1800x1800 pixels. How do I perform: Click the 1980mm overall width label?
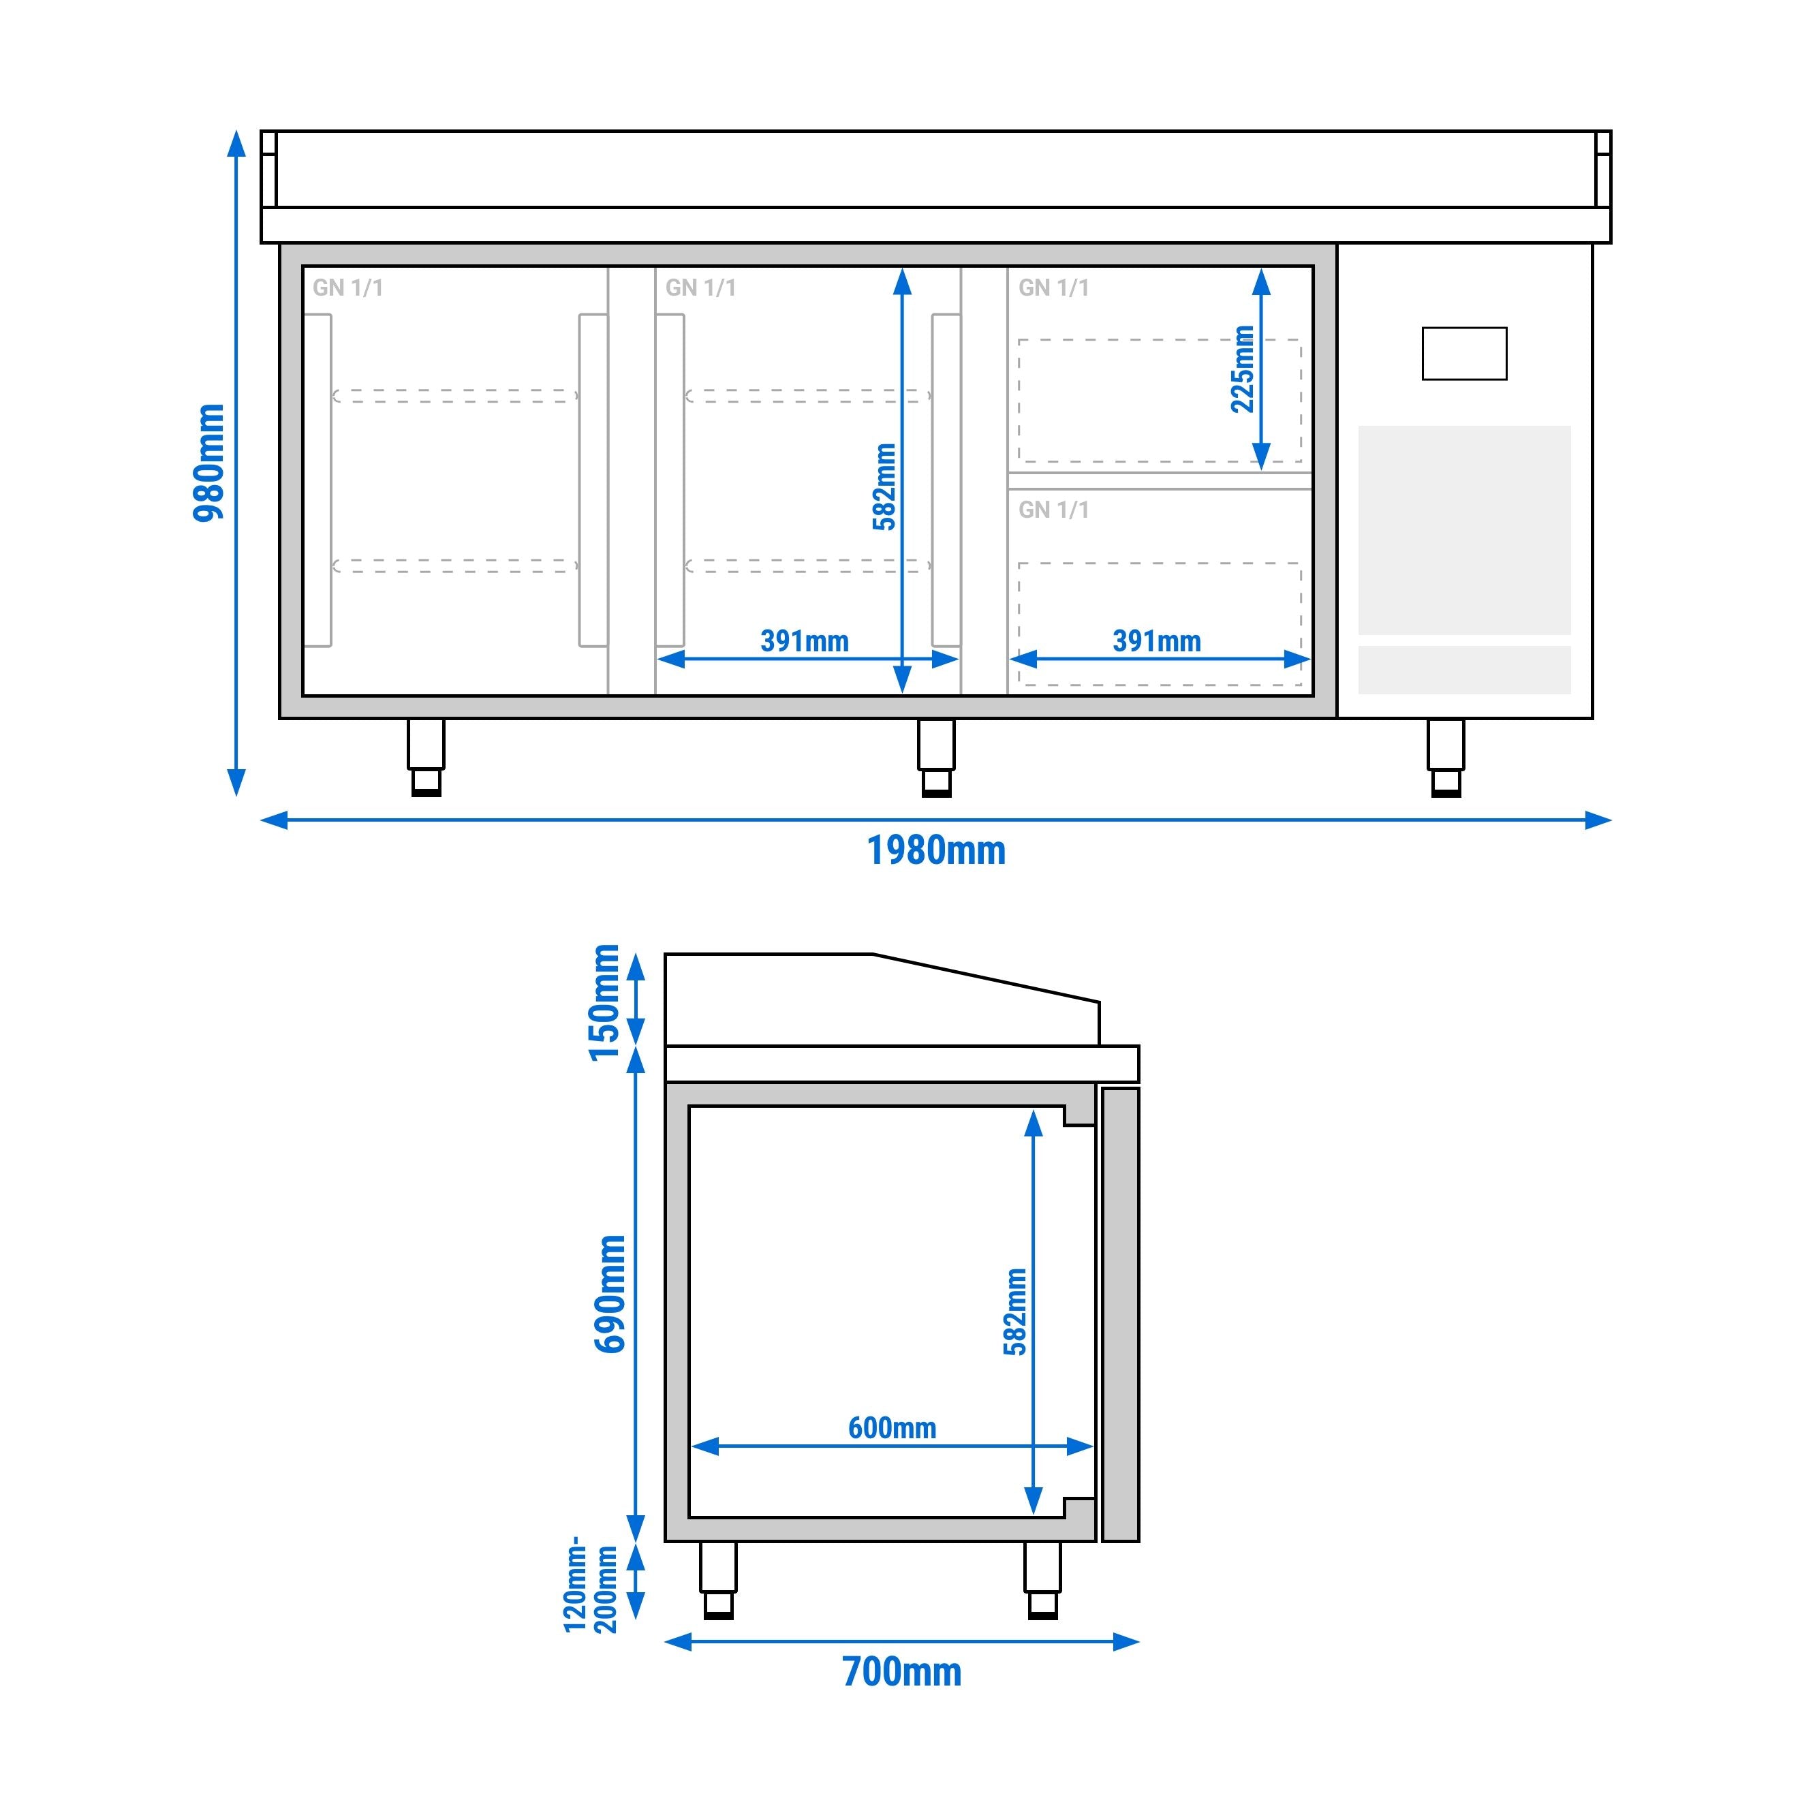point(936,851)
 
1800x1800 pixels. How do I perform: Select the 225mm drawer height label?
point(1243,369)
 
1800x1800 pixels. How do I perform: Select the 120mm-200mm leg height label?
point(591,1585)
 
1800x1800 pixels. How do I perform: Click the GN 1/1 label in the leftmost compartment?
point(347,288)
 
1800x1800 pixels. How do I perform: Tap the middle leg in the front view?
point(936,758)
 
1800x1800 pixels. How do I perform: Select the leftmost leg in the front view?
point(426,758)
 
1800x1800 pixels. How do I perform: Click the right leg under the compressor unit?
point(1446,758)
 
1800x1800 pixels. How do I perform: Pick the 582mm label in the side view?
point(1016,1311)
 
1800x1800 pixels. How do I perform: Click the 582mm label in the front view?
point(884,486)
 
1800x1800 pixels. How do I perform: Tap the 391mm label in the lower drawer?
point(1156,641)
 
